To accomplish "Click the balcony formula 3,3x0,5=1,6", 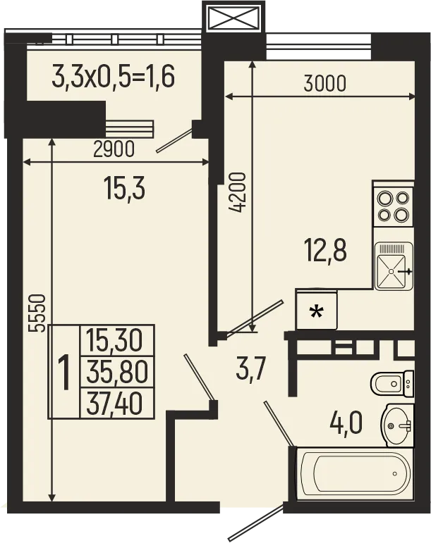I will click(113, 75).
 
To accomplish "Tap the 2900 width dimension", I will click(114, 149).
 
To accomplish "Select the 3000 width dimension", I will click(324, 84).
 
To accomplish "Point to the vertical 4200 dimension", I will click(241, 192).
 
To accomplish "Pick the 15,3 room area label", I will click(123, 188).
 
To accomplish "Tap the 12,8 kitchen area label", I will click(325, 250).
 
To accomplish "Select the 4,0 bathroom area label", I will click(346, 424).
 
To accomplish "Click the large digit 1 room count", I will click(64, 373).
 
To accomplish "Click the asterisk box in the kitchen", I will click(317, 311).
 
